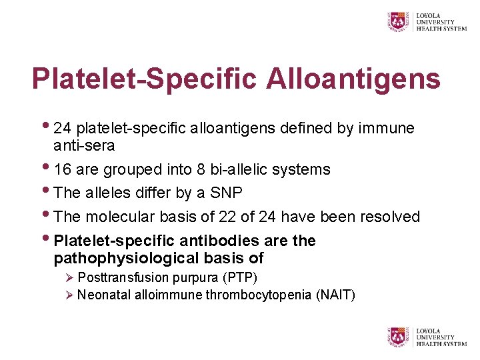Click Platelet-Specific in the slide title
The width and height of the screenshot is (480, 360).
[x=144, y=79]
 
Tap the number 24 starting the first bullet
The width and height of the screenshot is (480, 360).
[x=63, y=128]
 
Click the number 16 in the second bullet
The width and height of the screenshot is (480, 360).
[x=63, y=170]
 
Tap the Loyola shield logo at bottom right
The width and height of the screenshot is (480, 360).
[x=399, y=337]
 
